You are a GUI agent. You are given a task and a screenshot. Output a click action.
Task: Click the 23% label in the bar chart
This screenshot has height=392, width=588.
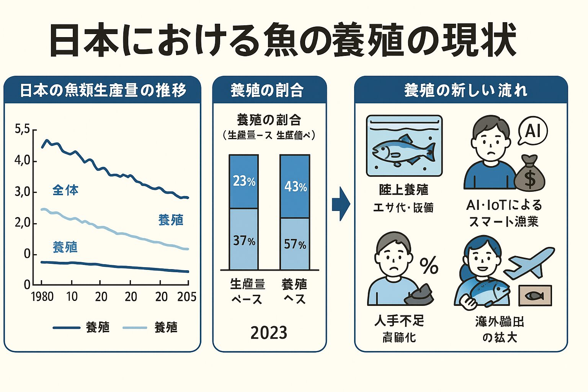[244, 181]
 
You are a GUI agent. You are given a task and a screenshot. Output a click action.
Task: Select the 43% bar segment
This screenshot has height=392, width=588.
[295, 186]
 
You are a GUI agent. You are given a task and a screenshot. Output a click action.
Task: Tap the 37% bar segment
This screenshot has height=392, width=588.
[244, 240]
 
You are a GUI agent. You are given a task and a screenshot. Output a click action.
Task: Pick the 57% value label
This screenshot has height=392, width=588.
[295, 244]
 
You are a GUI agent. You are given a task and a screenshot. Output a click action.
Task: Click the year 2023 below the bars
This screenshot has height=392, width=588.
[269, 333]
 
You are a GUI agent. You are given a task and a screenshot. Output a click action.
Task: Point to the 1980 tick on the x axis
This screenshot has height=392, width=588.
[42, 297]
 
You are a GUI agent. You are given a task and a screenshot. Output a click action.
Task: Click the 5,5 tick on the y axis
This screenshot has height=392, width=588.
[22, 129]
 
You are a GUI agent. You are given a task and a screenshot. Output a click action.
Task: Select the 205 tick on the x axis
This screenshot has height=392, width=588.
[187, 297]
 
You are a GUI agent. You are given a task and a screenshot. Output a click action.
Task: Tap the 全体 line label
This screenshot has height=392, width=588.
[65, 190]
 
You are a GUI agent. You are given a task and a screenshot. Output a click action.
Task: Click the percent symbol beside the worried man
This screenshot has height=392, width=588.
[429, 265]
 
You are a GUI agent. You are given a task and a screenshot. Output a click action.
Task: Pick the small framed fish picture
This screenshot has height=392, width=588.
[535, 296]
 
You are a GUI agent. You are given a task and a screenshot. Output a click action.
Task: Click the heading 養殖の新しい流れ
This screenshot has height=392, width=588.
[465, 91]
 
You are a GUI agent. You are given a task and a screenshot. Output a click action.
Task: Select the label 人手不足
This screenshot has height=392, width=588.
[399, 320]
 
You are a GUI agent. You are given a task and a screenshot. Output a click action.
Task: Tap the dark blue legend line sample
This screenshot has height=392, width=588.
[67, 328]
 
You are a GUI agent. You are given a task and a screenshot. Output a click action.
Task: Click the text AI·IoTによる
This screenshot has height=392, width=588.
[504, 205]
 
